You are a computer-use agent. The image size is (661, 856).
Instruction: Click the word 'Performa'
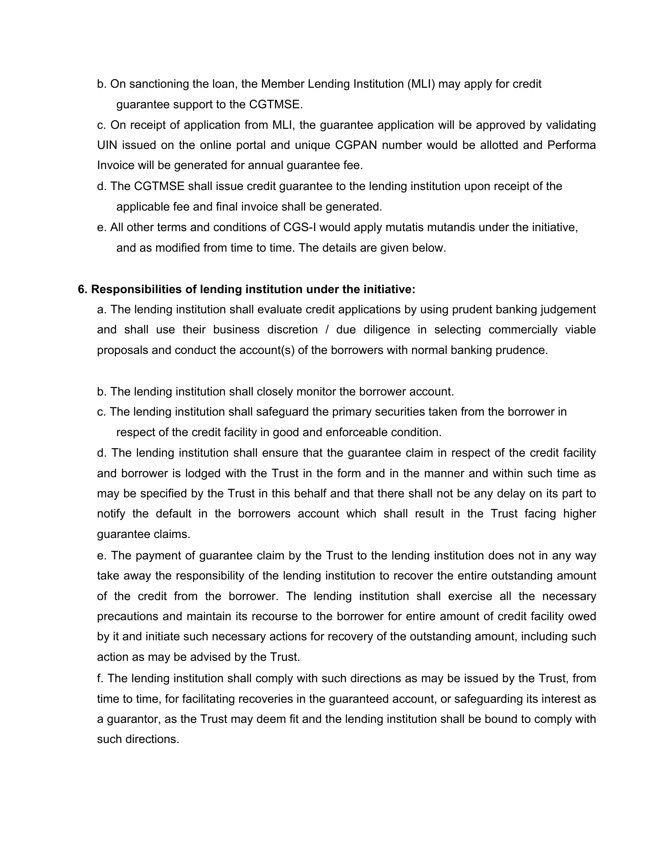[x=572, y=145]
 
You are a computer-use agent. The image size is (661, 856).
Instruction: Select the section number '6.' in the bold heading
[x=83, y=289]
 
